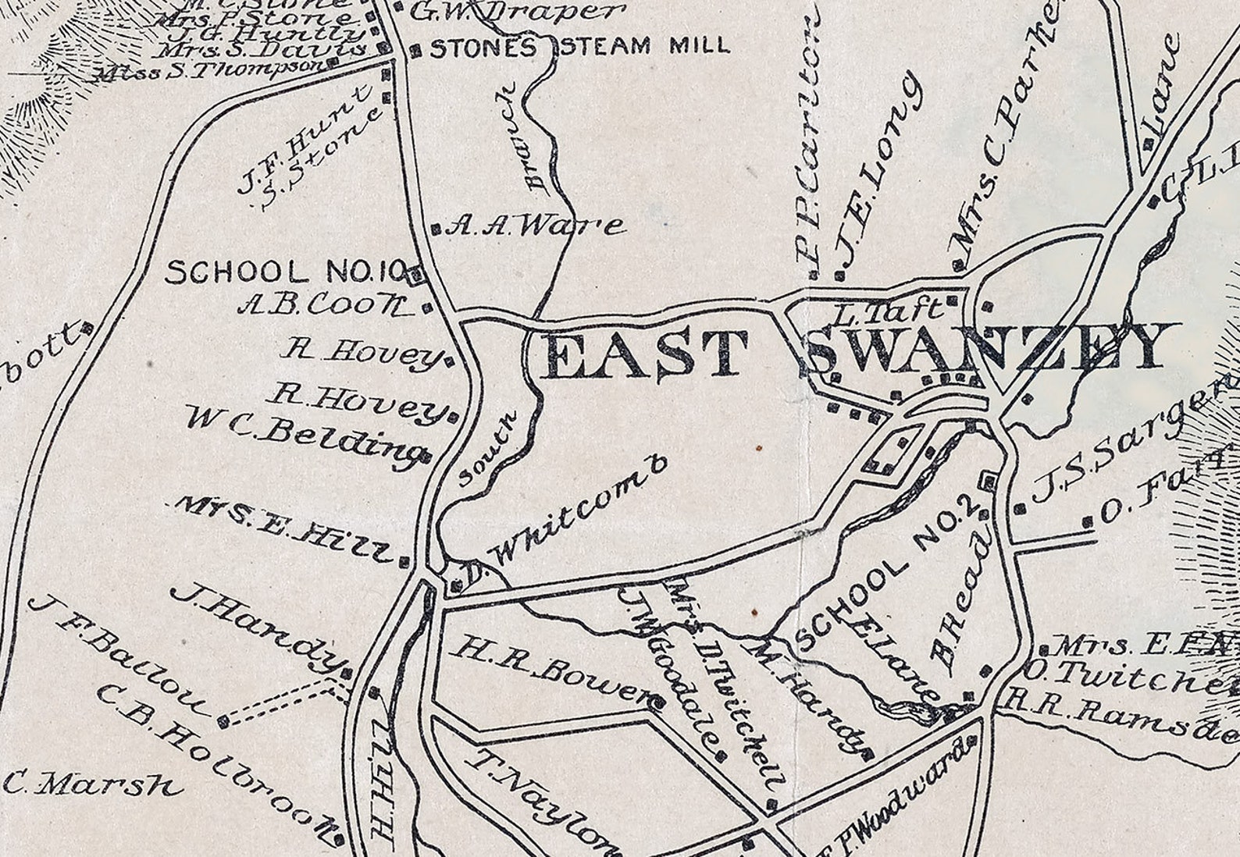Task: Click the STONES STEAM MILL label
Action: [579, 47]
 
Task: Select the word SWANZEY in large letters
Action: [984, 349]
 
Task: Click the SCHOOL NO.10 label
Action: [284, 272]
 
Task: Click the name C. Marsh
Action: [94, 783]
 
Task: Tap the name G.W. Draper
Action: [518, 11]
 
